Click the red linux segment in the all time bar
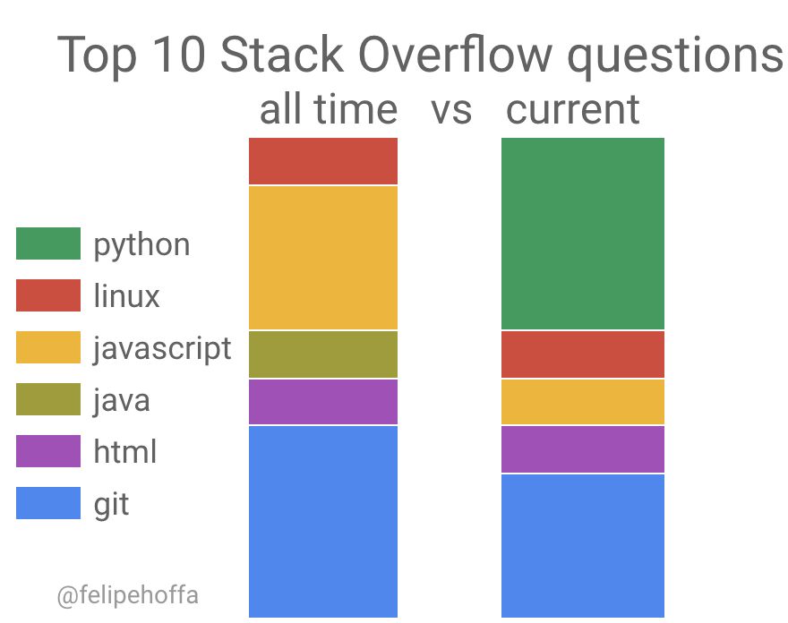pyautogui.click(x=322, y=161)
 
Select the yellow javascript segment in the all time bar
pyautogui.click(x=322, y=258)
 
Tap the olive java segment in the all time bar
pyautogui.click(x=322, y=354)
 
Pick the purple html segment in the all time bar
pyautogui.click(x=322, y=402)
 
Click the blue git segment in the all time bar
pyautogui.click(x=322, y=521)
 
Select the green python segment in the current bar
pyautogui.click(x=582, y=234)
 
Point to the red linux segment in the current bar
pyautogui.click(x=582, y=354)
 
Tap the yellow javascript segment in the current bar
pyautogui.click(x=582, y=402)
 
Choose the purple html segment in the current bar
pyautogui.click(x=582, y=449)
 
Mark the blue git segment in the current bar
pyautogui.click(x=582, y=545)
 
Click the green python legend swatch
pyautogui.click(x=48, y=243)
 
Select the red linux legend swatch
pyautogui.click(x=48, y=295)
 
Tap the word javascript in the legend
pyautogui.click(x=162, y=347)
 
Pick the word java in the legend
pyautogui.click(x=122, y=399)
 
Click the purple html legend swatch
pyautogui.click(x=48, y=451)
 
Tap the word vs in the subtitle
pyautogui.click(x=450, y=109)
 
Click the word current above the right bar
pyautogui.click(x=573, y=109)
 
